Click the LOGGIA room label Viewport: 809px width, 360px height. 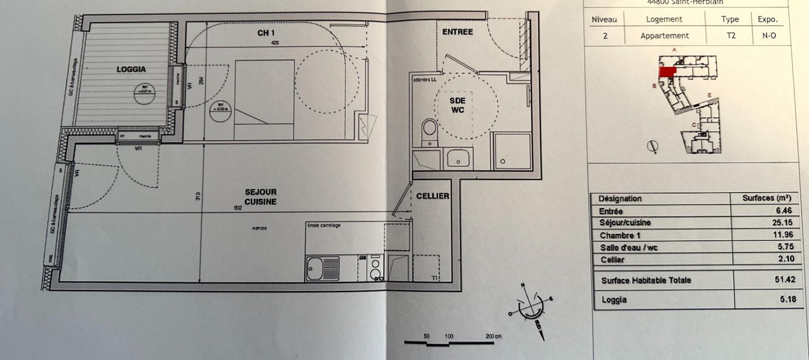131,69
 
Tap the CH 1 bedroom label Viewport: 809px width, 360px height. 266,33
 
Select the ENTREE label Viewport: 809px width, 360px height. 457,32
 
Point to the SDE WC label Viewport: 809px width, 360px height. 457,105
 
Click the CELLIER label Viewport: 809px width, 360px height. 432,196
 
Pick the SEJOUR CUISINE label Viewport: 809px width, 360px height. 261,197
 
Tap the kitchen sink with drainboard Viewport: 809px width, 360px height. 323,269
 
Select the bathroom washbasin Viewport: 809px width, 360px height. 458,159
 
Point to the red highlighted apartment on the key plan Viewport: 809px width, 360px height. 667,72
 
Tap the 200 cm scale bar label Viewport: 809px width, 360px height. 493,336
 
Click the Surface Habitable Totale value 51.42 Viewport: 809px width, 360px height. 785,279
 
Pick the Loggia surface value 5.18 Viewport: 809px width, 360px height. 788,299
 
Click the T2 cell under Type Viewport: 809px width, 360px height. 731,36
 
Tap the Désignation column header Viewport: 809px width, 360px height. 620,198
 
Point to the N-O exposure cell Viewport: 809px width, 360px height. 769,36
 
